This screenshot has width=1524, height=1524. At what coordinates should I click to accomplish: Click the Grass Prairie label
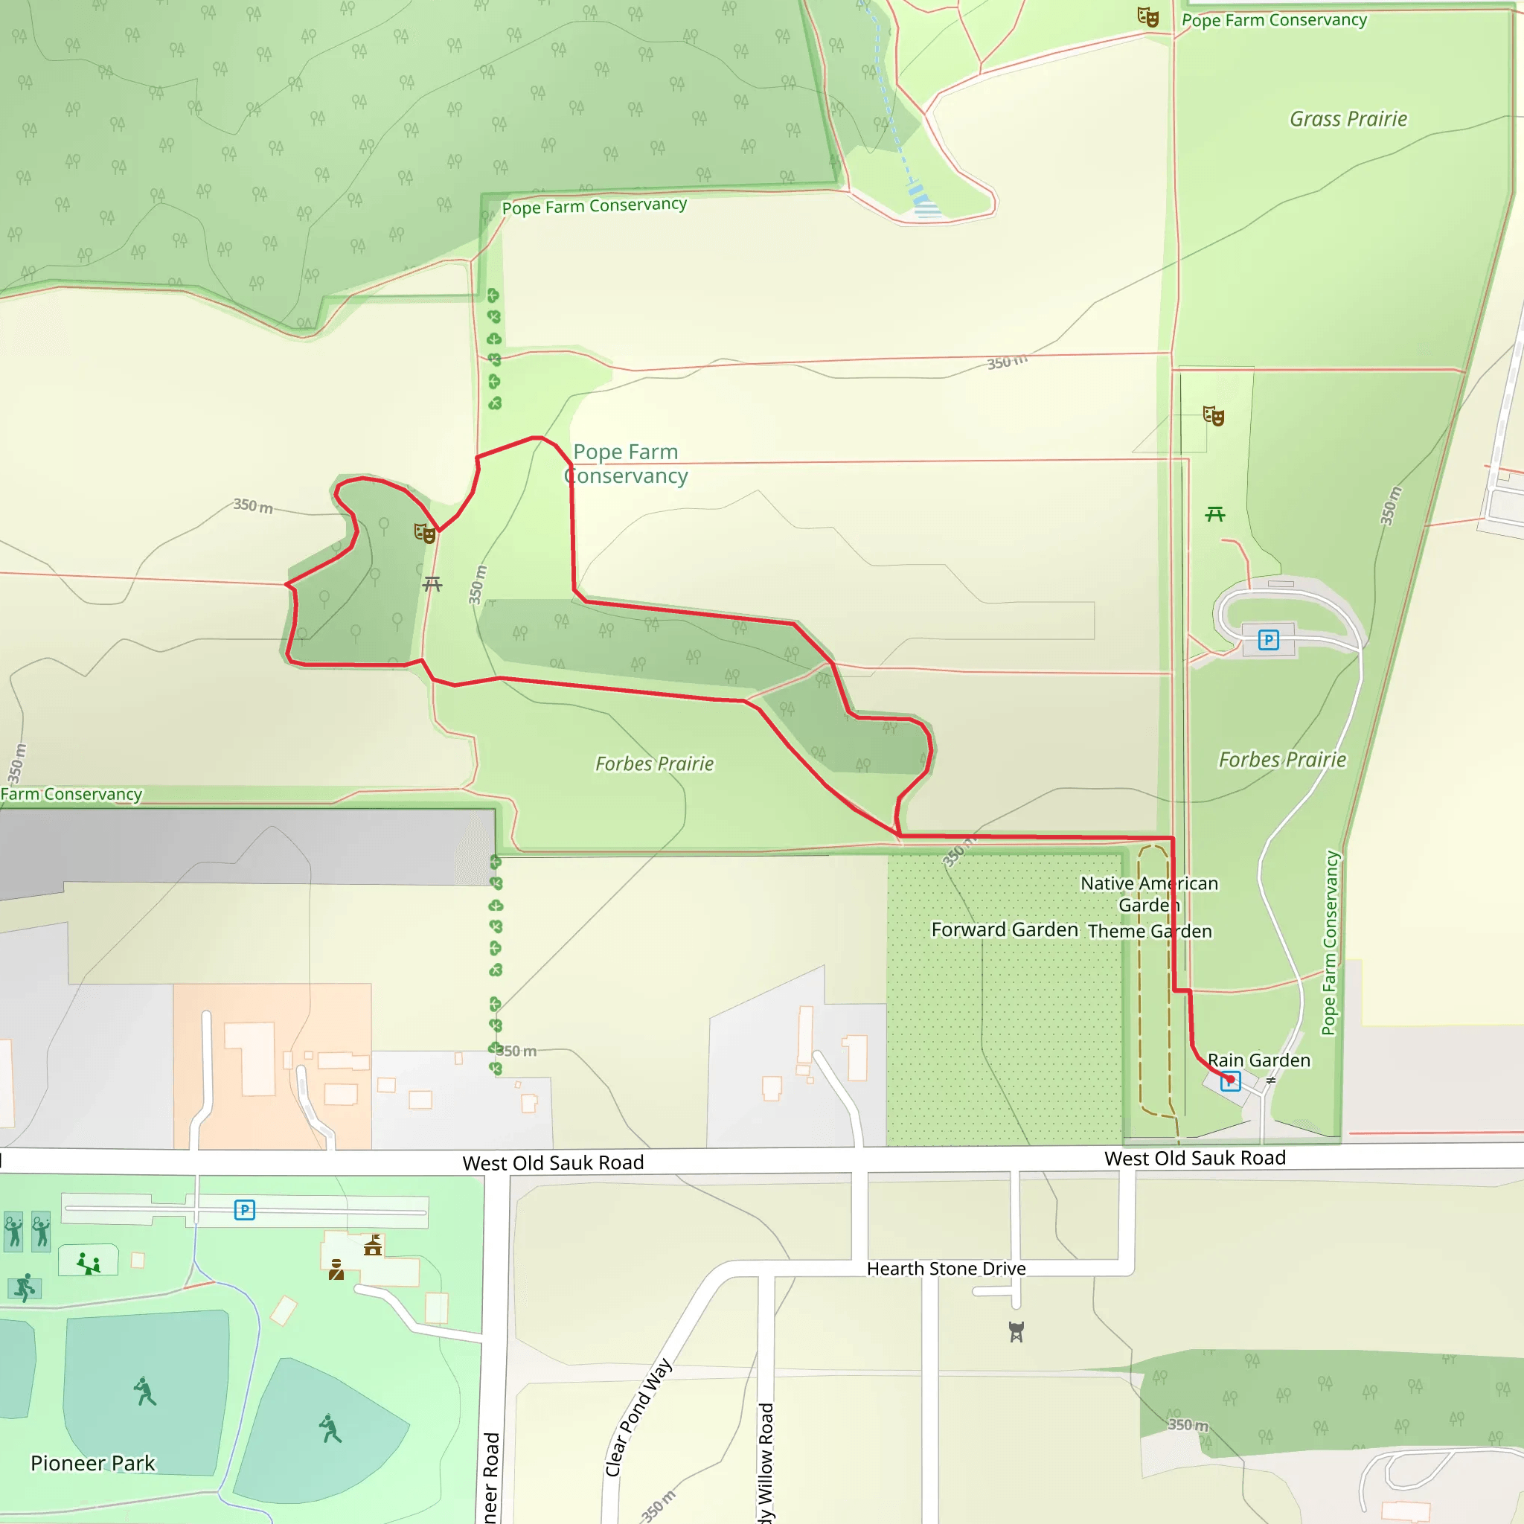pos(1348,119)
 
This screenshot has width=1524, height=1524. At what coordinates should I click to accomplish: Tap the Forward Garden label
pos(1004,930)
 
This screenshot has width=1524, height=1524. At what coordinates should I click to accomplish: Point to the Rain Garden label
pos(1259,1060)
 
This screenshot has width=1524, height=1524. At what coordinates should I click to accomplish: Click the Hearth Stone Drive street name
pos(946,1269)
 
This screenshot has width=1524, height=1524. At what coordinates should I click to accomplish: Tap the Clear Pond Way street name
pos(638,1418)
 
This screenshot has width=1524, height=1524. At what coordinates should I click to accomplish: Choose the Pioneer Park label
pos(93,1463)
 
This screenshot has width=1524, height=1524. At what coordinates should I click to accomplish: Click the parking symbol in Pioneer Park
pos(245,1209)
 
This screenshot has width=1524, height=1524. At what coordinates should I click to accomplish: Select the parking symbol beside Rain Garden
pos(1230,1082)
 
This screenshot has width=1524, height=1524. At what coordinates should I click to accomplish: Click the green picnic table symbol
pos(1214,514)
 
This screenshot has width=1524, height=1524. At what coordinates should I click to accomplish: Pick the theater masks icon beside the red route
pos(425,534)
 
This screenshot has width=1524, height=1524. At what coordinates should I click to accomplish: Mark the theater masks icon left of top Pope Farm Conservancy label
pos(1147,16)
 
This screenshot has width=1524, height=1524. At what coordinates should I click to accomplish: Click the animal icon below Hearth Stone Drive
pos(1016,1331)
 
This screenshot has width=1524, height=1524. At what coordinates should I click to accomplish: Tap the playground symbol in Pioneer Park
pos(89,1264)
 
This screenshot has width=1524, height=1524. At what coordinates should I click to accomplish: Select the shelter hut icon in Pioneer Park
pos(373,1246)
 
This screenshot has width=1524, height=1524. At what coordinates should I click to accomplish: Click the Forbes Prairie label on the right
pos(1282,760)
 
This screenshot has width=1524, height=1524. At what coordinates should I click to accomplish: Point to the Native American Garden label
pos(1149,894)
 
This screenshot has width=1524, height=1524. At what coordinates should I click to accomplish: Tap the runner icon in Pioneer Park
pos(25,1287)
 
